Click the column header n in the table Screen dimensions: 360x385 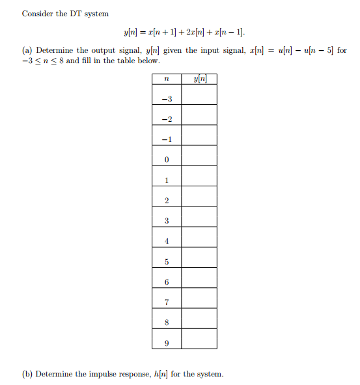pos(167,79)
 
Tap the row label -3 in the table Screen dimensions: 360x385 pos(167,99)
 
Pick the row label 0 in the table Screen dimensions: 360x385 pos(167,160)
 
